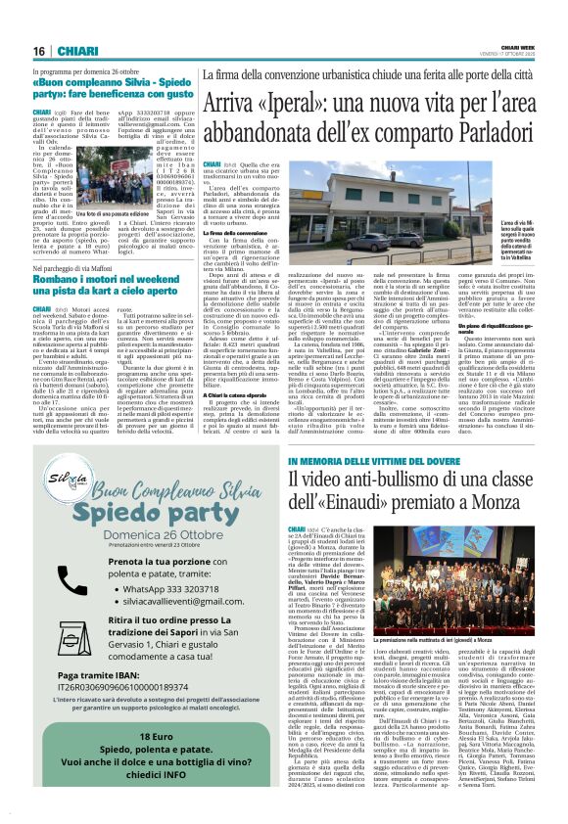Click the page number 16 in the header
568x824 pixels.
pos(39,51)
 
